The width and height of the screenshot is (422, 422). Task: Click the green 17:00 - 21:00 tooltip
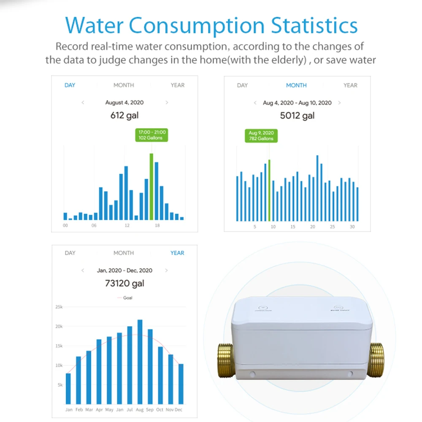151,135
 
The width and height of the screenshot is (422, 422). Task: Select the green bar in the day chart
151,187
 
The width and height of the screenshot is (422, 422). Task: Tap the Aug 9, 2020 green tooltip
261,136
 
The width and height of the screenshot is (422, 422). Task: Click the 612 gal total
124,115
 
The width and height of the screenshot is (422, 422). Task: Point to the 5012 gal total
297,116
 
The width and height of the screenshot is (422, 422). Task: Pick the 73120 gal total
124,284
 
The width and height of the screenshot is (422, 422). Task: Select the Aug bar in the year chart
140,362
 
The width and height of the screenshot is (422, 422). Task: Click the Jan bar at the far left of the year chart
68,389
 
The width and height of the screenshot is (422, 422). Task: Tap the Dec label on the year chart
179,410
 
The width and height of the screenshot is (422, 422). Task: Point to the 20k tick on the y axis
59,327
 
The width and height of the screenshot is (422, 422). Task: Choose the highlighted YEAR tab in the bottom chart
177,253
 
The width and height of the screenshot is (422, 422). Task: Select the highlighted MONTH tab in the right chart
296,85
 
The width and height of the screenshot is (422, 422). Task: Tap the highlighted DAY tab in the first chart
70,85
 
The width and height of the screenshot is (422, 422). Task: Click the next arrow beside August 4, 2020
167,103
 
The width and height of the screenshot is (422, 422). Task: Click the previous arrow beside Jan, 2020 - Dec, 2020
83,271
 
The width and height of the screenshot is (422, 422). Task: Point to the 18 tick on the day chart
157,226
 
